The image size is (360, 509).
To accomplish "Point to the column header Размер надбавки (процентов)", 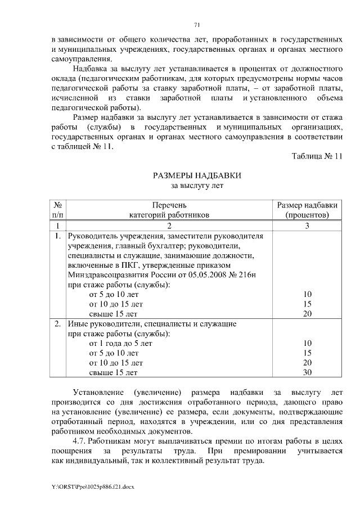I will click(x=307, y=210).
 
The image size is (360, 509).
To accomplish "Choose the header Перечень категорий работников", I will click(x=169, y=210).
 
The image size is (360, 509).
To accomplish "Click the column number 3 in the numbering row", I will click(x=307, y=225).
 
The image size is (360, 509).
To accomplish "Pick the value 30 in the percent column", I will click(x=307, y=372).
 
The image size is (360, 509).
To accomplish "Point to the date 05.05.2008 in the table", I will click(x=210, y=274).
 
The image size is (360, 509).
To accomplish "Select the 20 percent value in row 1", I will click(x=307, y=313).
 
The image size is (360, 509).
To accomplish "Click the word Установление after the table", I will click(x=100, y=392).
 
